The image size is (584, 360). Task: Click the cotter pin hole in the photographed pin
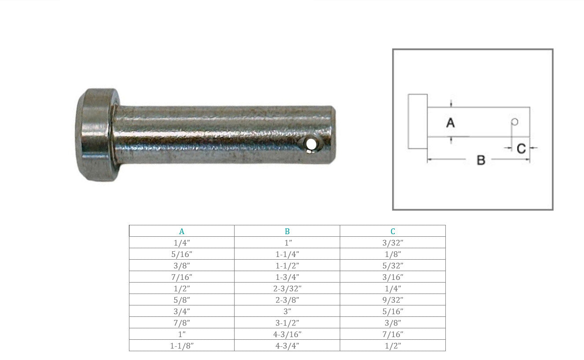coord(312,143)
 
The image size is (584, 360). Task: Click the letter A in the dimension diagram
coord(450,123)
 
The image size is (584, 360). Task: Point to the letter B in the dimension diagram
coord(481,160)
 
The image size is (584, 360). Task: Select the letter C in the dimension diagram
coord(521,149)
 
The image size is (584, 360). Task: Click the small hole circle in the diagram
coord(514,121)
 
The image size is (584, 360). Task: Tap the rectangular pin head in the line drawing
coord(418,121)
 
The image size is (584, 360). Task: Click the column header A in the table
coord(182,231)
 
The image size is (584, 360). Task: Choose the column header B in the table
coord(287,231)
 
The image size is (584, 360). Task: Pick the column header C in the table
coord(393,231)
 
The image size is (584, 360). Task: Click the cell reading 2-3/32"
coord(287,289)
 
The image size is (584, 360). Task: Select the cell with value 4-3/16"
coord(287,334)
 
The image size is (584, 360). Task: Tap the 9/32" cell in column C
coord(393,300)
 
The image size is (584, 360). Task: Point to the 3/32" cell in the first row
coord(393,243)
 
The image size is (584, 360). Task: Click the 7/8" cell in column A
coord(182,323)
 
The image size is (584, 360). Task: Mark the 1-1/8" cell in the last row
coord(182,346)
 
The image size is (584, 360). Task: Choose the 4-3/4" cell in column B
coord(287,346)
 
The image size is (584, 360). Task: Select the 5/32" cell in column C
coord(393,266)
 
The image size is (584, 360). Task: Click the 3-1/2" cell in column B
coord(287,323)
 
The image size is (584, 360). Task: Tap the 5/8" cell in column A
coord(182,300)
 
